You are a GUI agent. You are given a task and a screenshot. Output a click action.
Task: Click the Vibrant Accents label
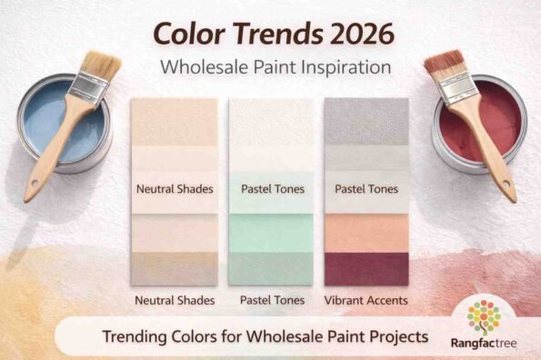(x=366, y=299)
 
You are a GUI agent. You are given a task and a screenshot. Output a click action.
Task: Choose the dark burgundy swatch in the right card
(x=366, y=268)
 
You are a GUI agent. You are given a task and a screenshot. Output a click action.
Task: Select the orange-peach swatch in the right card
(x=366, y=234)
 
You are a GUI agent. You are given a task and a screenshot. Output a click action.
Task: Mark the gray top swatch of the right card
(x=366, y=119)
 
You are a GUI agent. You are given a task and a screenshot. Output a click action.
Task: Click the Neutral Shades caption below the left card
(x=175, y=299)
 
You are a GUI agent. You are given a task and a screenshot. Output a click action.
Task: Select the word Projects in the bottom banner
(x=394, y=336)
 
